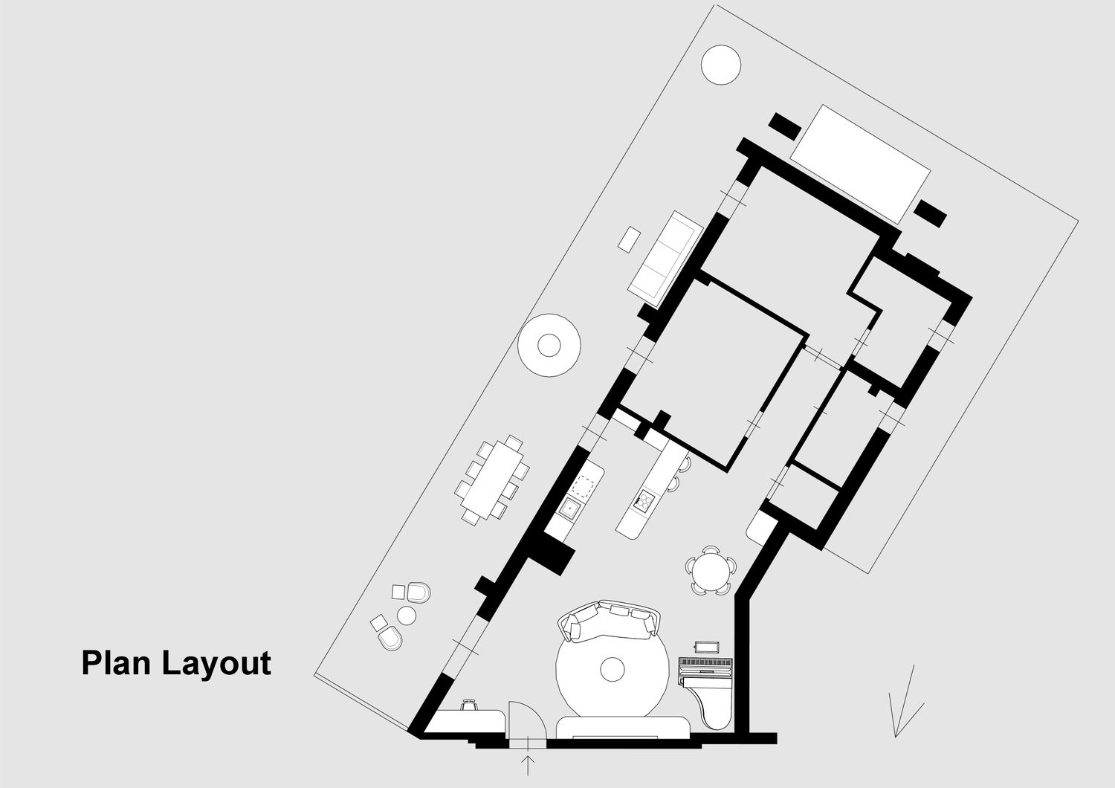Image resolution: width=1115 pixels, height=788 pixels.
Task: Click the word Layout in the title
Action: [x=216, y=664]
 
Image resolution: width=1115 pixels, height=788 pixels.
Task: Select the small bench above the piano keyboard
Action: [x=705, y=645]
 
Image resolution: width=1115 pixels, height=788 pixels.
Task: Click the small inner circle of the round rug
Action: [x=613, y=669]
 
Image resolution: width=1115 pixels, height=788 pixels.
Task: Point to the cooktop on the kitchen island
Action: [x=644, y=502]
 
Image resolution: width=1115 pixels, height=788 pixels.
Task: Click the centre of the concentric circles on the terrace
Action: [x=549, y=345]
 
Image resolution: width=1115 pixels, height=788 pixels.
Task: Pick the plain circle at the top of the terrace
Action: [x=721, y=65]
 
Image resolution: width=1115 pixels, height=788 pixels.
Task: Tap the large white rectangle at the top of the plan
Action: [x=860, y=164]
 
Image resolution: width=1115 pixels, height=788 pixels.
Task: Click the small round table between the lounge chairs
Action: [x=407, y=615]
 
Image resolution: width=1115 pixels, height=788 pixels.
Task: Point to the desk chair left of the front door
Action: [x=468, y=705]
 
